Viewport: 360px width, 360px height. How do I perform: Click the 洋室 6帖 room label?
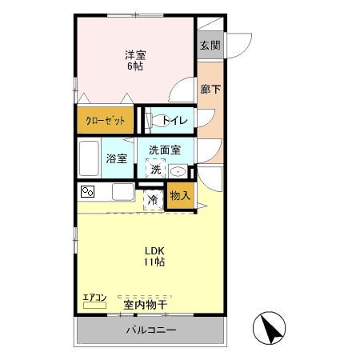(x=135, y=60)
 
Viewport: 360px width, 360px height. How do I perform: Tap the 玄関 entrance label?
(x=210, y=45)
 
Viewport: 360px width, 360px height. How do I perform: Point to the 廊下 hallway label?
(x=210, y=89)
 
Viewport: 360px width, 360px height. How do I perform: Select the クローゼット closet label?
(x=105, y=121)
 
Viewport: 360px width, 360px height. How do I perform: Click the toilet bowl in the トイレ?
(x=159, y=121)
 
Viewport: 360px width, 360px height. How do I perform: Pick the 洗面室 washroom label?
(x=165, y=150)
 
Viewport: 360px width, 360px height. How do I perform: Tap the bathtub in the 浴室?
(x=89, y=158)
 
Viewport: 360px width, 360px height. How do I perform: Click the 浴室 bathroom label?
(x=117, y=158)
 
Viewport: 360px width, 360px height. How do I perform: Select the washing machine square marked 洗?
(x=155, y=169)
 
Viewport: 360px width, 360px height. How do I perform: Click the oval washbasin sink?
(x=178, y=171)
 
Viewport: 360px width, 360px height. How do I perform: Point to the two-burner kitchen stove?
(x=87, y=192)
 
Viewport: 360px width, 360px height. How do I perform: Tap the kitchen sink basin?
(x=123, y=192)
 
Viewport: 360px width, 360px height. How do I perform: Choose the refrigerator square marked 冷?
(x=153, y=200)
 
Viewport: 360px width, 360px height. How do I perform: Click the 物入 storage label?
(x=180, y=196)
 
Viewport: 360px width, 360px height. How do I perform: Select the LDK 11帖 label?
(x=154, y=256)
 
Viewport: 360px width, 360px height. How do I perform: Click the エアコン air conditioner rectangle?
(x=94, y=306)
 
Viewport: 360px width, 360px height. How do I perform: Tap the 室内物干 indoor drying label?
(x=146, y=305)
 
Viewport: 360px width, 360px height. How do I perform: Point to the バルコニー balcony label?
(x=151, y=330)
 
